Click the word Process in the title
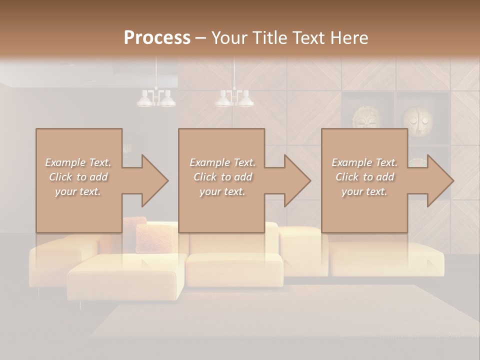pyautogui.click(x=157, y=38)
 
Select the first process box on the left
pyautogui.click(x=78, y=180)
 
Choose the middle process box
pyautogui.click(x=221, y=180)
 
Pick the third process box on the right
pyautogui.click(x=364, y=180)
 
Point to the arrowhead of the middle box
pyautogui.click(x=297, y=180)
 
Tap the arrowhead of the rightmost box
pyautogui.click(x=439, y=180)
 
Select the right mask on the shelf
pyautogui.click(x=418, y=118)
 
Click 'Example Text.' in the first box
pyautogui.click(x=78, y=162)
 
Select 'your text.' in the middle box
pyautogui.click(x=222, y=191)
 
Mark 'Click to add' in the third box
pyautogui.click(x=364, y=177)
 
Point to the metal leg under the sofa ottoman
pyautogui.click(x=80, y=304)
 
